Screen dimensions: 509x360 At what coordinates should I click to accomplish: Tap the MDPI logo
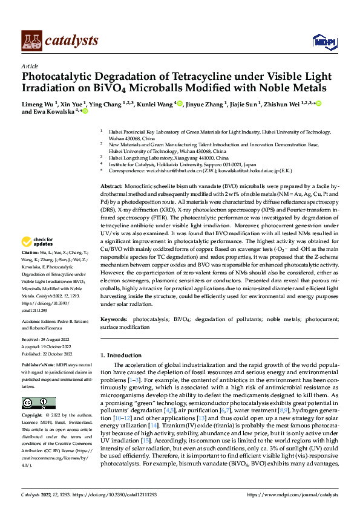click(321, 41)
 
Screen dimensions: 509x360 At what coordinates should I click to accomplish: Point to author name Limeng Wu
click(38, 104)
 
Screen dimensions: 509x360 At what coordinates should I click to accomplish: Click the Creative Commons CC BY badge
click(38, 403)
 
